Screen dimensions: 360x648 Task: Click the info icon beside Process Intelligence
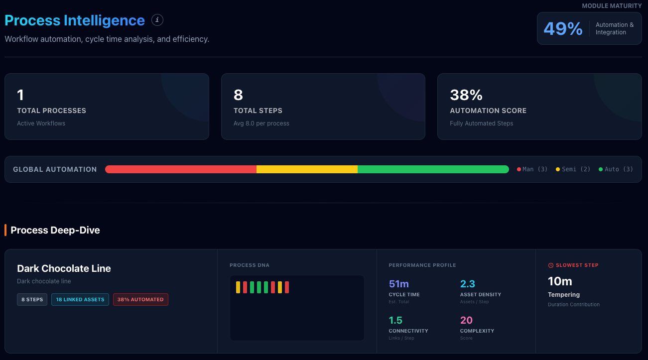click(x=157, y=20)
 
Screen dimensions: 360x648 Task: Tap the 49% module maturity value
click(x=563, y=28)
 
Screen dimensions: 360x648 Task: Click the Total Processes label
click(x=51, y=111)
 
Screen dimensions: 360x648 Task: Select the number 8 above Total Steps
click(x=238, y=95)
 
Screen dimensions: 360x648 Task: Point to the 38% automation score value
click(x=466, y=95)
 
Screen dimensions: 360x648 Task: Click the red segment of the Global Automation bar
click(x=181, y=169)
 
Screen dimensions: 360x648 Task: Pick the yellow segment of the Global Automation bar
click(x=307, y=169)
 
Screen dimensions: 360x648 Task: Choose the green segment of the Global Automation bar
click(x=433, y=169)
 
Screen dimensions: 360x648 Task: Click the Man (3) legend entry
click(x=532, y=169)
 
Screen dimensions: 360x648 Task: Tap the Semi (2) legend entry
click(x=573, y=169)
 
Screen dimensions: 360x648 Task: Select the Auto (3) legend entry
click(x=616, y=169)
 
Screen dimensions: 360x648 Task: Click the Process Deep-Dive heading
click(x=55, y=230)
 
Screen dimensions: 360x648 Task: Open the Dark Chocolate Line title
click(x=64, y=268)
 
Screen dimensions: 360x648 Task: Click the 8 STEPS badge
click(x=32, y=299)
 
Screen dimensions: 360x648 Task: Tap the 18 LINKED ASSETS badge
click(x=80, y=299)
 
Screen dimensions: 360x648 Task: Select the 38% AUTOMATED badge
click(x=140, y=299)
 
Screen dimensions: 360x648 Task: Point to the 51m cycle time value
click(x=399, y=284)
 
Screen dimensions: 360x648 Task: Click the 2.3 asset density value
click(x=468, y=284)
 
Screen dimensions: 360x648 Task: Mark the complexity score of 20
click(x=466, y=320)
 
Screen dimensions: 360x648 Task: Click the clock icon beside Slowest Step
click(x=551, y=265)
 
